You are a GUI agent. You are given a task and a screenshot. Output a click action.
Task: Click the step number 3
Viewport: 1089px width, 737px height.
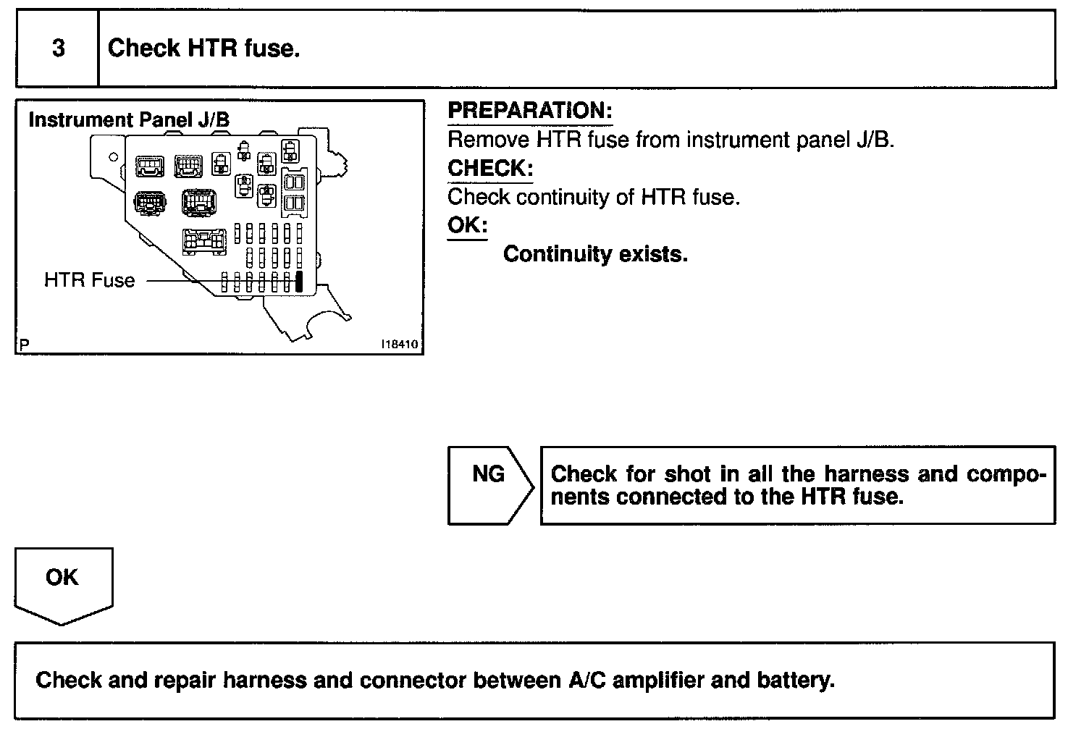58,49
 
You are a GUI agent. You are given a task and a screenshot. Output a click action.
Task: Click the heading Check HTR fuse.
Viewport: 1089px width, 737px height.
203,49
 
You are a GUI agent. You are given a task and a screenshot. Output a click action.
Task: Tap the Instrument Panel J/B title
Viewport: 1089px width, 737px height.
129,120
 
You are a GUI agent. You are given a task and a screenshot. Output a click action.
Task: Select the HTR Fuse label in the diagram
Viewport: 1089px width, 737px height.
89,280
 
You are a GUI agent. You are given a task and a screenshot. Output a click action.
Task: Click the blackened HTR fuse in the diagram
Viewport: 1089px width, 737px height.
298,281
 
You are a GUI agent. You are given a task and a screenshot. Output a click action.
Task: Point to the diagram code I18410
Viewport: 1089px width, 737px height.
400,345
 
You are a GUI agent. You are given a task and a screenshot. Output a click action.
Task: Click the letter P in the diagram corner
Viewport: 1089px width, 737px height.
25,345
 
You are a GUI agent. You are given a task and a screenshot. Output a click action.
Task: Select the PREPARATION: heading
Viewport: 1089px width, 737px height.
530,111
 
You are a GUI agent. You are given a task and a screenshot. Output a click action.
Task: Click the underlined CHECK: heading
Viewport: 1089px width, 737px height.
490,168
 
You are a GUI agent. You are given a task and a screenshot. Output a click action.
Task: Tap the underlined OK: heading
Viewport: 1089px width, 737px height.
467,225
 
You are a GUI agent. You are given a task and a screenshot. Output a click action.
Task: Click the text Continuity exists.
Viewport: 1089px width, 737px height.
595,254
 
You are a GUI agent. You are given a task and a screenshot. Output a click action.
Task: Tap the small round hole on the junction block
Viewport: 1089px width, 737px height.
113,156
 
